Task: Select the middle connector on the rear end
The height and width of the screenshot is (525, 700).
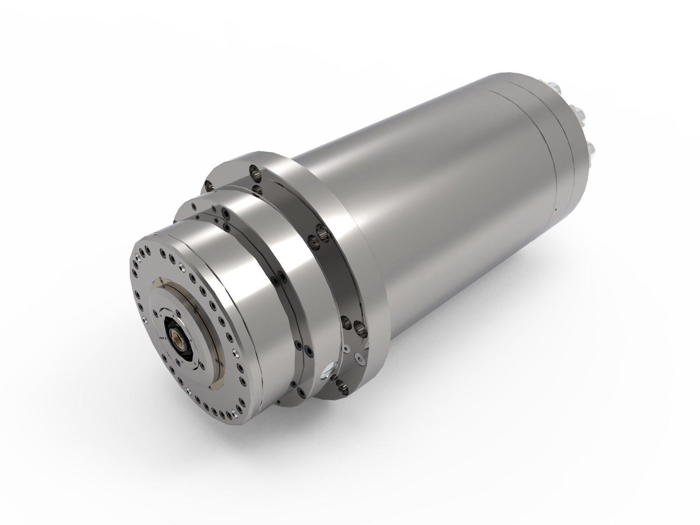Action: click(x=580, y=114)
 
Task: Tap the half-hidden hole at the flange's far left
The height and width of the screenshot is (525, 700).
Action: click(x=209, y=186)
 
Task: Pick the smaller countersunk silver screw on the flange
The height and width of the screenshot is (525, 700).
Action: click(x=346, y=349)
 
